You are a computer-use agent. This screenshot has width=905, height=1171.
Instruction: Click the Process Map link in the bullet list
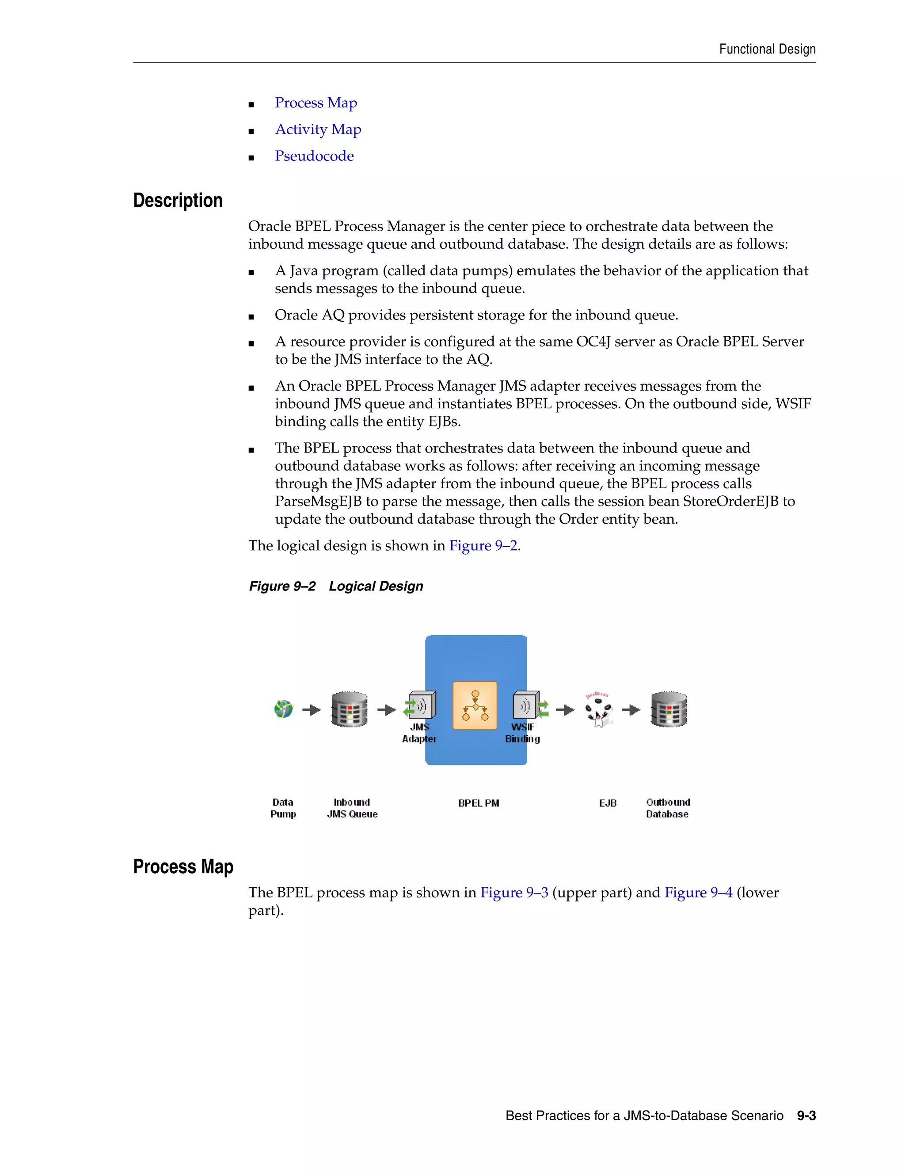pos(316,103)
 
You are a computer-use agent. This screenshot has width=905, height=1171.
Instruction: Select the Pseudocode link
pos(314,156)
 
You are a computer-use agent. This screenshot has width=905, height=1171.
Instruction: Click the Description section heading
pos(178,201)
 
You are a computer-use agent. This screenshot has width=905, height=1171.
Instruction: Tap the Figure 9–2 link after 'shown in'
pos(483,546)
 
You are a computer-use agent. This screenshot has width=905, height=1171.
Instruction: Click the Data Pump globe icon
pos(283,709)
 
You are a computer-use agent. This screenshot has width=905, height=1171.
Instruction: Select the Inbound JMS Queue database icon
pos(349,709)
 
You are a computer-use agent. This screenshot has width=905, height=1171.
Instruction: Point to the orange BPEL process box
pos(475,706)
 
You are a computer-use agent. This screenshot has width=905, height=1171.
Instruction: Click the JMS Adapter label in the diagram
pos(419,733)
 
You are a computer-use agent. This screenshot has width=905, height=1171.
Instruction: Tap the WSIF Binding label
pos(522,733)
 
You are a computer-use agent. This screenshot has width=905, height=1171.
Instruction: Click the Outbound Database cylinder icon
pos(669,709)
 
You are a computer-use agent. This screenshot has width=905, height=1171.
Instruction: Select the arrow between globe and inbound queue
pos(312,710)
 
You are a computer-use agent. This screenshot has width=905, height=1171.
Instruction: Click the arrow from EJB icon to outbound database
pos(631,710)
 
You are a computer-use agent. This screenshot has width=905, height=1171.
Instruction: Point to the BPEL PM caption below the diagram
pos(478,803)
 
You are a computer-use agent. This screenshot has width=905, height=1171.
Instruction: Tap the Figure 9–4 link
pos(698,893)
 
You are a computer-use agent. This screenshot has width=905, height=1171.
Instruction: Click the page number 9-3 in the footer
pos(806,1116)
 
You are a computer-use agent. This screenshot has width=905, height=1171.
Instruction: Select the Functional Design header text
pos(767,49)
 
